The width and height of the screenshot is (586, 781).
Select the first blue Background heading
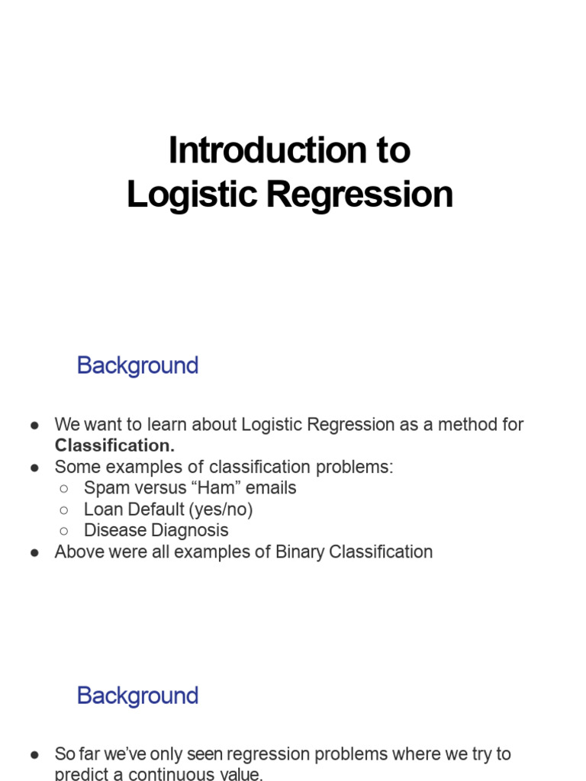pos(137,365)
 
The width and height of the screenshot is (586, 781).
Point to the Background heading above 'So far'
pos(137,696)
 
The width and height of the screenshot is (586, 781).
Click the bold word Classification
pos(114,445)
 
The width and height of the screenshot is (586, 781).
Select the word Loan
pos(100,509)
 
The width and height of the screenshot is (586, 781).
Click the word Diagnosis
pos(191,531)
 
